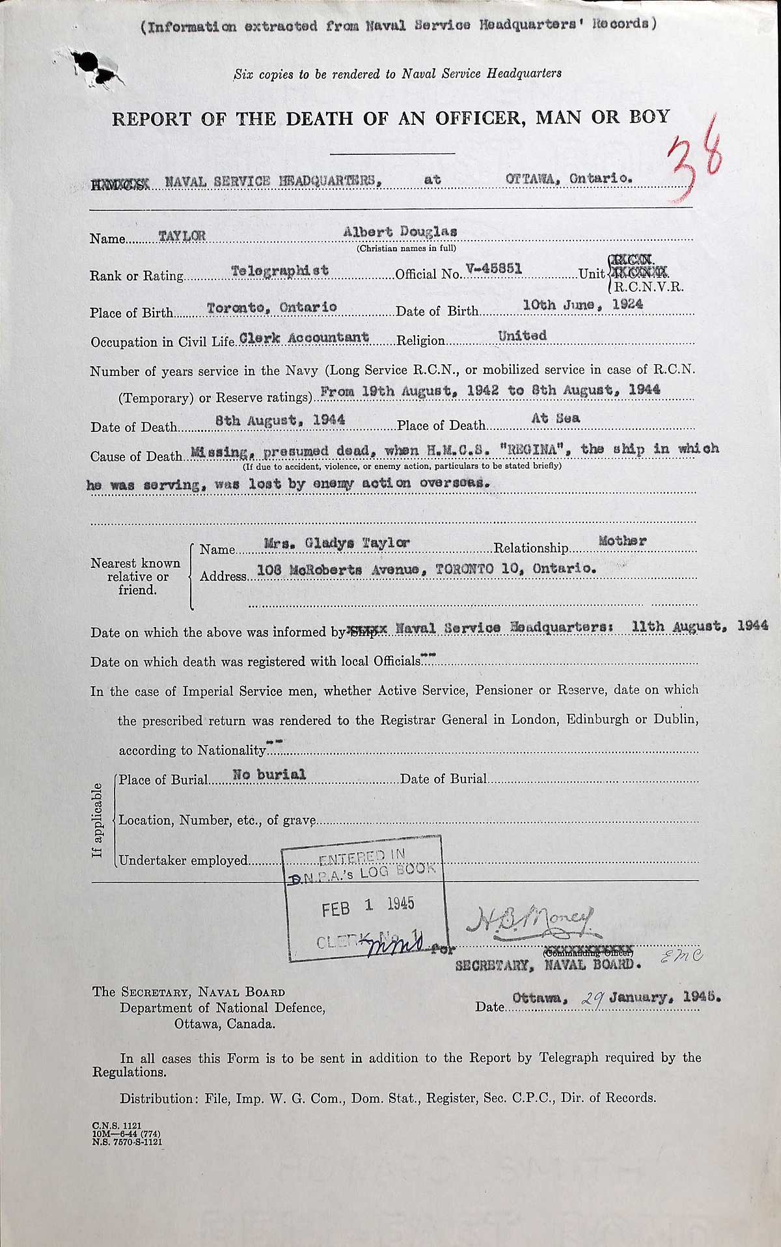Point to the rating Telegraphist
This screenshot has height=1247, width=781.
click(x=281, y=271)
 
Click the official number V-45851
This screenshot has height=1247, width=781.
click(x=493, y=269)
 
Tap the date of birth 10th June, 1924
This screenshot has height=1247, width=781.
click(x=583, y=304)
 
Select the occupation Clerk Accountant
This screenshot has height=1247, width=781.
click(x=305, y=338)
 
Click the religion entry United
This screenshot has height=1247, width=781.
click(x=522, y=336)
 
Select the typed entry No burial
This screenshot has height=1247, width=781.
click(x=269, y=774)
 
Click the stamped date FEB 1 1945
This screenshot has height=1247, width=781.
click(x=368, y=906)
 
